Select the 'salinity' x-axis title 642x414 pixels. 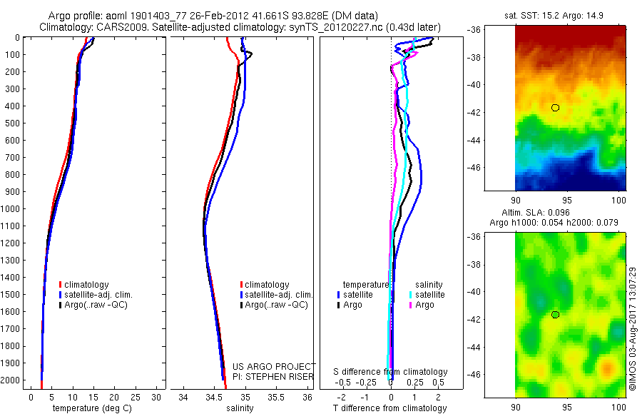pos(240,408)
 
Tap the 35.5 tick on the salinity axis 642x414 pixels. pos(276,397)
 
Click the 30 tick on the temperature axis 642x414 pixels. pos(156,397)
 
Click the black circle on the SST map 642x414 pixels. pos(555,108)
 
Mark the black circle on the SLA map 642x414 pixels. pos(555,315)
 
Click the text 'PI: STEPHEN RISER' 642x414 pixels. pos(274,376)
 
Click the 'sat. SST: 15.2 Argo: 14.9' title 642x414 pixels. pos(571,15)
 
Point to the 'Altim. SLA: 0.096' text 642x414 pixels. pos(570,213)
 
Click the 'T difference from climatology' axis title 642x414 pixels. pos(392,408)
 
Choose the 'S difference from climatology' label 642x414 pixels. pos(391,372)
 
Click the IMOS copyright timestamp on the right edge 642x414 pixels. pos(632,328)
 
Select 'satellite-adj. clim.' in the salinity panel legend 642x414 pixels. pos(278,295)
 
